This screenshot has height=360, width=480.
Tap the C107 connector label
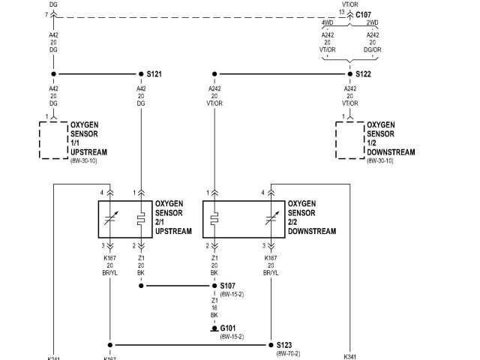[x=363, y=13]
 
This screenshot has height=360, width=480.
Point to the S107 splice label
[x=228, y=286]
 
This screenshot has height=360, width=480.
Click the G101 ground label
[x=228, y=328]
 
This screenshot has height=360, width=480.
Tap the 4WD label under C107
[x=328, y=24]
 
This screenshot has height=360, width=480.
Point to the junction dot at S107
[x=215, y=286]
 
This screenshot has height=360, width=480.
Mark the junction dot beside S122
[x=349, y=74]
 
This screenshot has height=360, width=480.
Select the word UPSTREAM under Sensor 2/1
[x=173, y=231]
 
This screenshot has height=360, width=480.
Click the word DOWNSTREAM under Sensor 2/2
[x=312, y=231]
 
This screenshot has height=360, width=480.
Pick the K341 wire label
[x=350, y=357]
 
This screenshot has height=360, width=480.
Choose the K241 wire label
[x=55, y=357]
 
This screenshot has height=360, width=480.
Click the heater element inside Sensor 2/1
[x=140, y=220]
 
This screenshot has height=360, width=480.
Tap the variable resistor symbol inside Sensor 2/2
[x=269, y=220]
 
